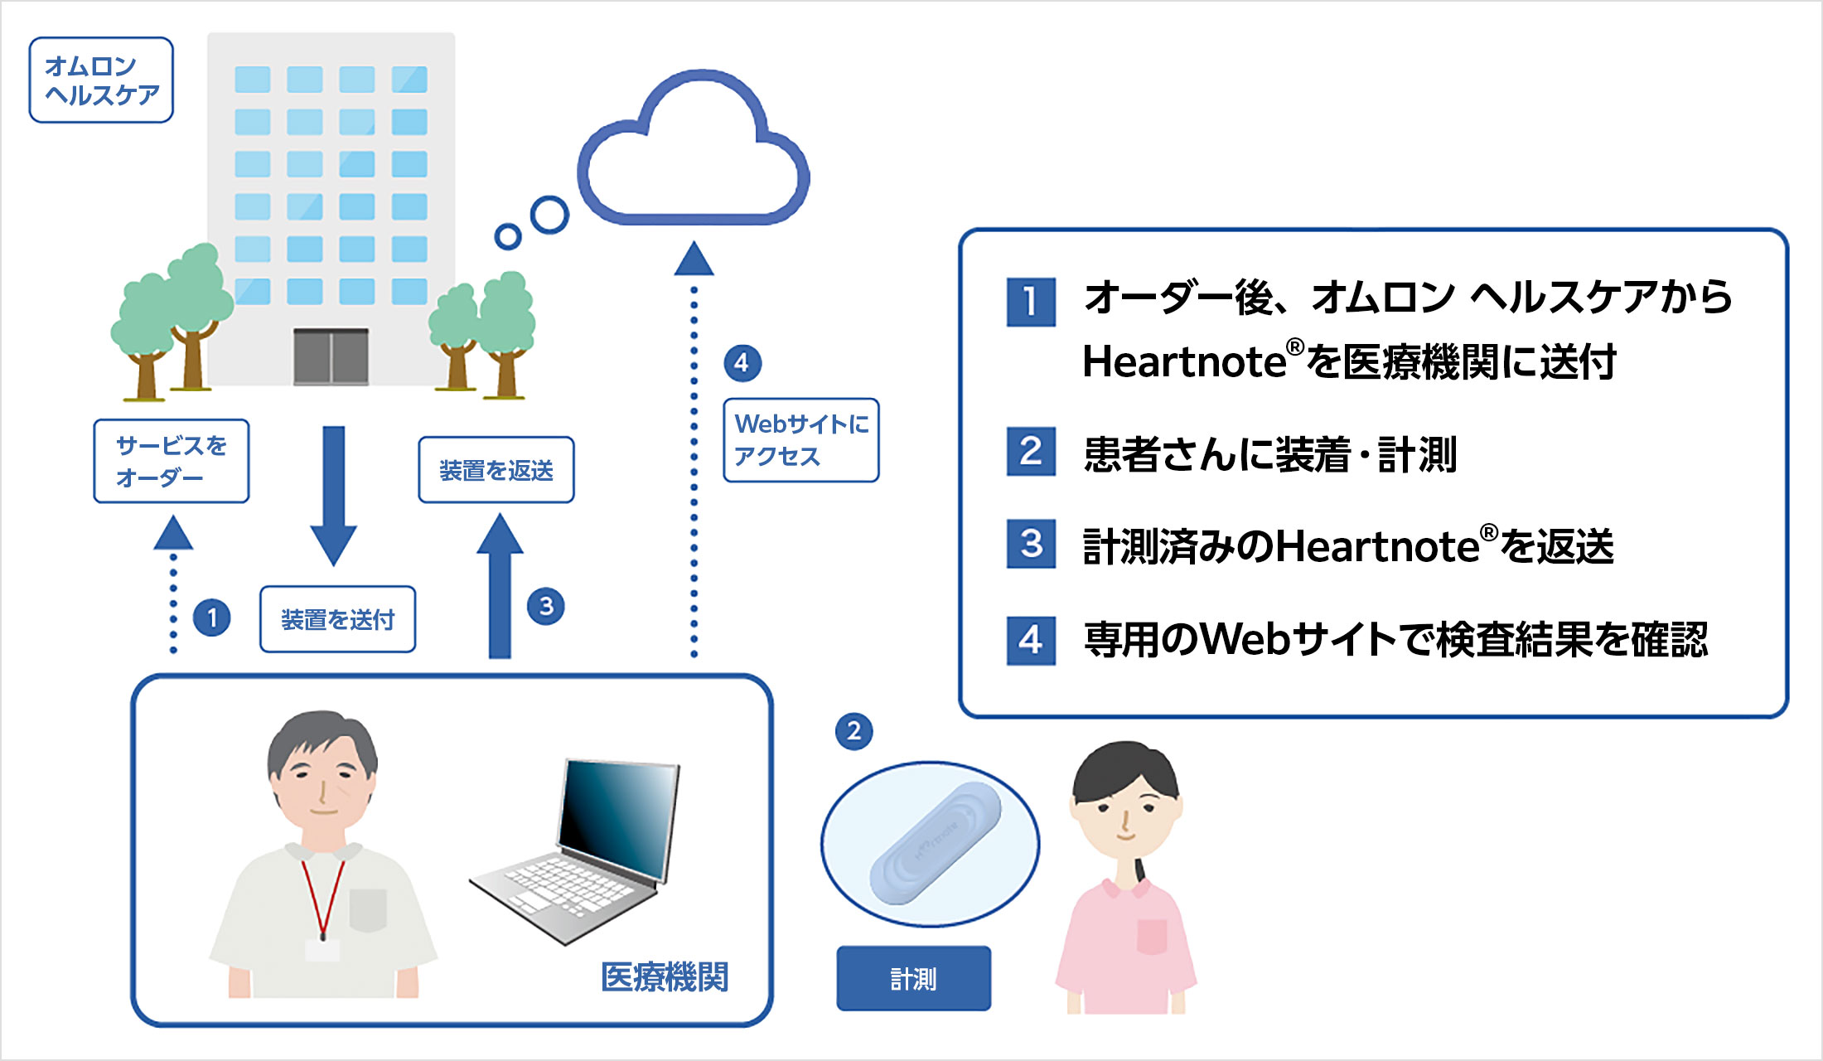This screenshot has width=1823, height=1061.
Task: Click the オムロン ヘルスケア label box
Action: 101,80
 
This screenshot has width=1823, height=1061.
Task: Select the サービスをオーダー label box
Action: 172,461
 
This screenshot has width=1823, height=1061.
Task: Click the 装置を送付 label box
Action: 337,619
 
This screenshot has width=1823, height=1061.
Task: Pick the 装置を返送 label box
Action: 496,470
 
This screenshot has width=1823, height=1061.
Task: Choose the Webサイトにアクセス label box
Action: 800,440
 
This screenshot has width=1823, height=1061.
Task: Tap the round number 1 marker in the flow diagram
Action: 212,618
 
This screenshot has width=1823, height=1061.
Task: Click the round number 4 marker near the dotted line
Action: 742,363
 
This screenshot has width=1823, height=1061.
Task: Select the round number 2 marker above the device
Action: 853,731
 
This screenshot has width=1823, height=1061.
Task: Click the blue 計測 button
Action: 913,978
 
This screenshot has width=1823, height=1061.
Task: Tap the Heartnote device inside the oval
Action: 936,842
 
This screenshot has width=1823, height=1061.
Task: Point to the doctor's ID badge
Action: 322,950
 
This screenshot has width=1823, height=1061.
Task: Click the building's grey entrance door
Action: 331,356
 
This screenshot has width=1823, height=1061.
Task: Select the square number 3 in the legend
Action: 1031,544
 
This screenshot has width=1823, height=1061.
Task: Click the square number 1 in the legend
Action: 1031,302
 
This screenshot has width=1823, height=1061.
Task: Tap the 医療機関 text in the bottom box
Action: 665,977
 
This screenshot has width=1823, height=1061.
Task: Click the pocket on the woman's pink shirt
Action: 1152,937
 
